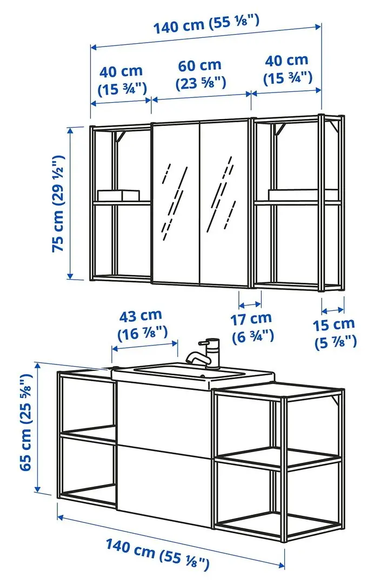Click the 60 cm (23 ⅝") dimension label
[x=201, y=74]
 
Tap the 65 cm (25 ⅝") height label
[x=27, y=427]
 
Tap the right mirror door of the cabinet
[x=225, y=203]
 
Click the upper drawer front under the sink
[x=162, y=414]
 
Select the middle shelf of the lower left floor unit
[x=89, y=434]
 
